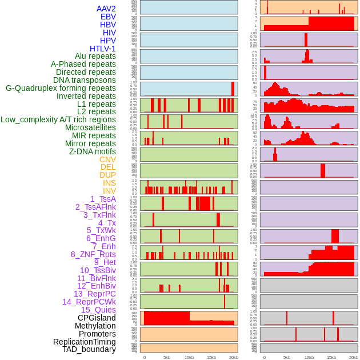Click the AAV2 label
[106, 9]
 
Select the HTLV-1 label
[103, 49]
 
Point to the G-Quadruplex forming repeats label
[61, 88]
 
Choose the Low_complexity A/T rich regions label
[58, 119]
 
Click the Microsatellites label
[90, 127]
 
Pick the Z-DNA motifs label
[92, 151]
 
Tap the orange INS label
[109, 183]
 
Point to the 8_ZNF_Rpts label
[93, 254]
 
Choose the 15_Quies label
[98, 310]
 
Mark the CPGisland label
[97, 318]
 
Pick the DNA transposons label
[85, 80]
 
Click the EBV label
[108, 17]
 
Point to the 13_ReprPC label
[94, 294]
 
